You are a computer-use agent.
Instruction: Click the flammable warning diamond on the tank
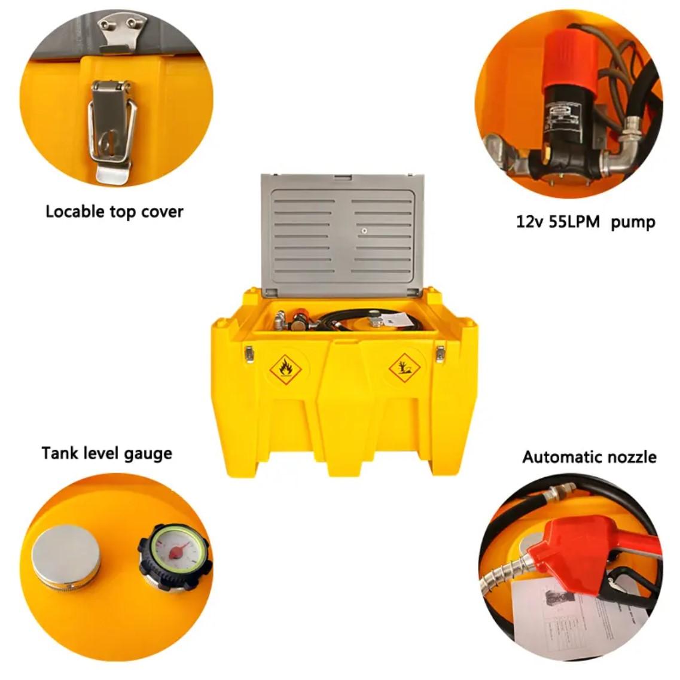tap(285, 370)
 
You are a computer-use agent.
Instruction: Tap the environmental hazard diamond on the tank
tap(404, 367)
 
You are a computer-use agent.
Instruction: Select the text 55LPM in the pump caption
tap(575, 222)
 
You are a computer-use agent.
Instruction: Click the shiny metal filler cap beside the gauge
tap(66, 555)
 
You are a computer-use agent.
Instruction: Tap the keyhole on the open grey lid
tap(363, 230)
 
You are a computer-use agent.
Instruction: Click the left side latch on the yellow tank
tap(249, 354)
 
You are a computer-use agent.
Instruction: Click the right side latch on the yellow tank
tap(440, 353)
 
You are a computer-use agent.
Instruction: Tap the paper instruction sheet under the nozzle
tap(574, 610)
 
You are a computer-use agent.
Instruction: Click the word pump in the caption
tap(633, 222)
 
